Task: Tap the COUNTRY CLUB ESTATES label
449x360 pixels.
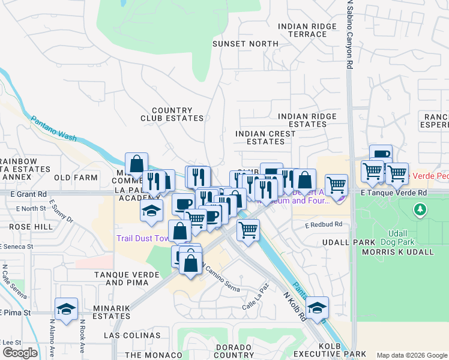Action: [x=172, y=115]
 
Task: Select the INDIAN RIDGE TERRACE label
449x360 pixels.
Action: [x=303, y=30]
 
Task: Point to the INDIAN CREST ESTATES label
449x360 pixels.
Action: [x=265, y=137]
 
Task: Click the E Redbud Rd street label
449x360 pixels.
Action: [x=323, y=224]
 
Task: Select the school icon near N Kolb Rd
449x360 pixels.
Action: [x=317, y=308]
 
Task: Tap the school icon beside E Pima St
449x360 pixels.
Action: [x=66, y=310]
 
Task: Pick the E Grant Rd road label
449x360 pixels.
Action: [x=28, y=194]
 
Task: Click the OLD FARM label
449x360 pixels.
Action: [x=76, y=178]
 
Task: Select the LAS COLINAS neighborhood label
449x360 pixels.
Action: [x=133, y=335]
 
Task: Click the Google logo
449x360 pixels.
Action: [x=20, y=353]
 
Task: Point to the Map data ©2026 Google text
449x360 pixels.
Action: [x=412, y=355]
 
